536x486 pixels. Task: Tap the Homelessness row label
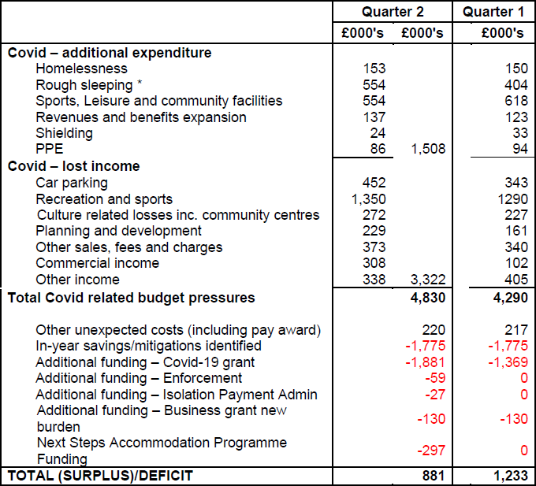(81, 69)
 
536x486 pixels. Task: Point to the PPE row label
(49, 149)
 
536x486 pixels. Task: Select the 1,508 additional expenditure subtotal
(426, 149)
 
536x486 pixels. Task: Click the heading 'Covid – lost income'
(73, 166)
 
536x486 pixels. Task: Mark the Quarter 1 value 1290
(508, 199)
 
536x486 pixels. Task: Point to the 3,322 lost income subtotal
(426, 279)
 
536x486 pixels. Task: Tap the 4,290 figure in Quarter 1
(508, 298)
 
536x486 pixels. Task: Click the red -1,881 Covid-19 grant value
(426, 362)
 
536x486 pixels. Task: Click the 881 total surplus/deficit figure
(432, 476)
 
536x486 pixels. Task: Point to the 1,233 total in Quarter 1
(508, 476)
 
